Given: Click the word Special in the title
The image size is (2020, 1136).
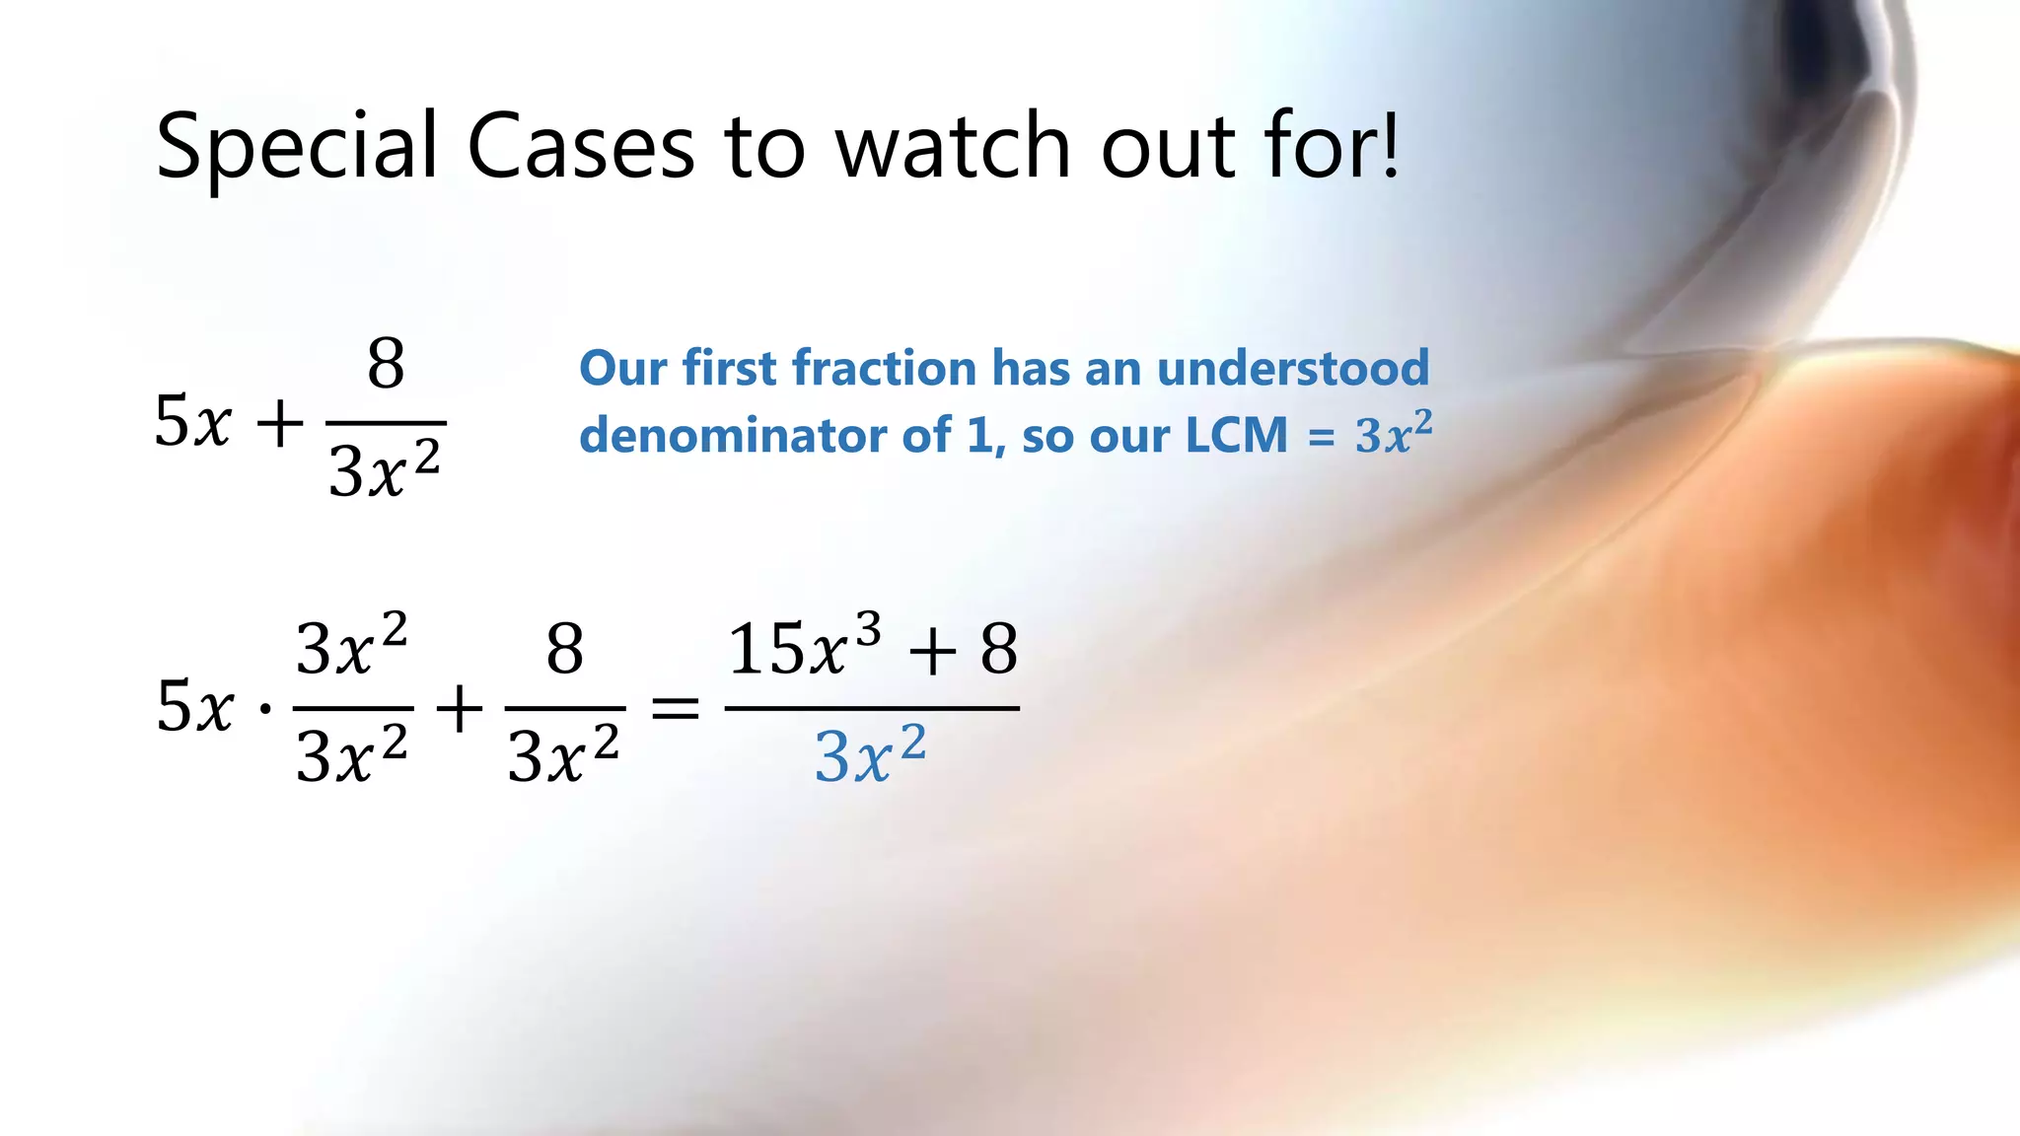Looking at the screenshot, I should (296, 146).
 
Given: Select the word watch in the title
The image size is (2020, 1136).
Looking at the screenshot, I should (953, 146).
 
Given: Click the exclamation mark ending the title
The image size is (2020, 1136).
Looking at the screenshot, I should (1391, 146).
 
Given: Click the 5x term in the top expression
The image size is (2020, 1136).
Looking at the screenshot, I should (193, 422).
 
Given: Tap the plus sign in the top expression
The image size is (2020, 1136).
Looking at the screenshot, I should (280, 424).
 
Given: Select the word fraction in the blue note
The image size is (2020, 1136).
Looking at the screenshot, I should (884, 368).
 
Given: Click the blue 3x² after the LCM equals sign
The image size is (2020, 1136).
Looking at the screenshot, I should (1393, 434).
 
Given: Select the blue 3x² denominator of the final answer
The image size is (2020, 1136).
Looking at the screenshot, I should (870, 756).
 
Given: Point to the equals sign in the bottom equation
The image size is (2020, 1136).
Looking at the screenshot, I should (676, 708).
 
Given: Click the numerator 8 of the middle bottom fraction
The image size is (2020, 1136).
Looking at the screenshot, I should (565, 649).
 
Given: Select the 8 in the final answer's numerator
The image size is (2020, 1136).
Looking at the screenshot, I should (998, 649).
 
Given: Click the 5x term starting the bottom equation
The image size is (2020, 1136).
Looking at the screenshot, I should (195, 707).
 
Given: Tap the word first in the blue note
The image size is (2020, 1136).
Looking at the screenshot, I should (729, 368).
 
